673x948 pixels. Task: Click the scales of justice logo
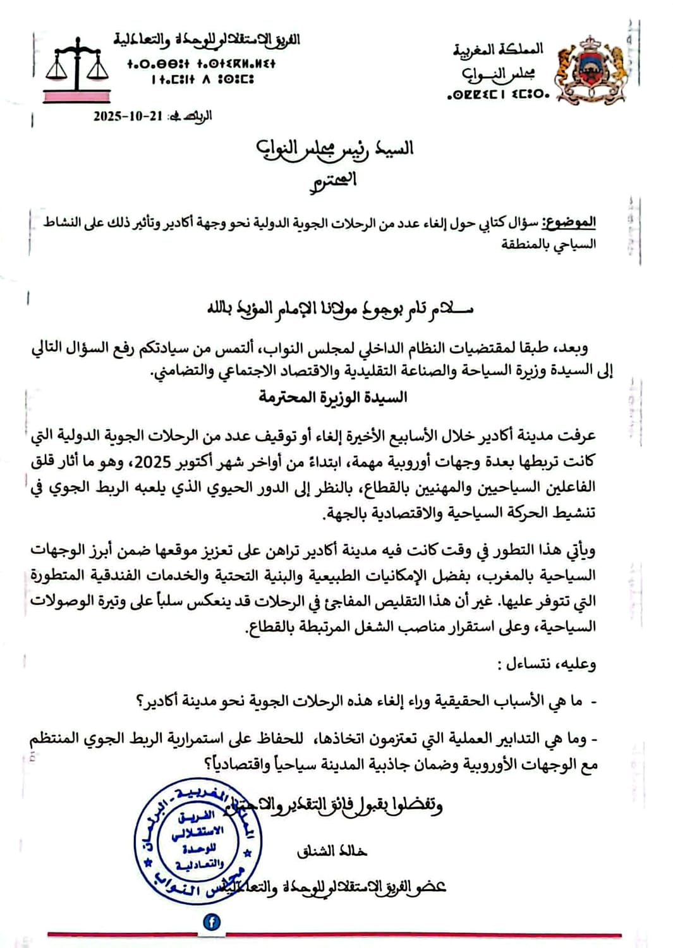pos(76,66)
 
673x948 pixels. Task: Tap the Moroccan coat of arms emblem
pos(590,70)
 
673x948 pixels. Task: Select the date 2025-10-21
pos(128,116)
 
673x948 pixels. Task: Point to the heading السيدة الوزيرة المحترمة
pos(333,397)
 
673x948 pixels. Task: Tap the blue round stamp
pos(197,840)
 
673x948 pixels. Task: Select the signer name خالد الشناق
pos(332,851)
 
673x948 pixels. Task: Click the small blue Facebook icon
pos(212,921)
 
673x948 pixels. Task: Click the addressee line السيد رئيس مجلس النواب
pos(335,149)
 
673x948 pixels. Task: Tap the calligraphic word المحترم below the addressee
pos(334,181)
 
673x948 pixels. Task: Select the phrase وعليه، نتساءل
pos(546,664)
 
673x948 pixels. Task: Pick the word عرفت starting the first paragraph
pos(577,435)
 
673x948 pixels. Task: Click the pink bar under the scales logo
pos(76,96)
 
